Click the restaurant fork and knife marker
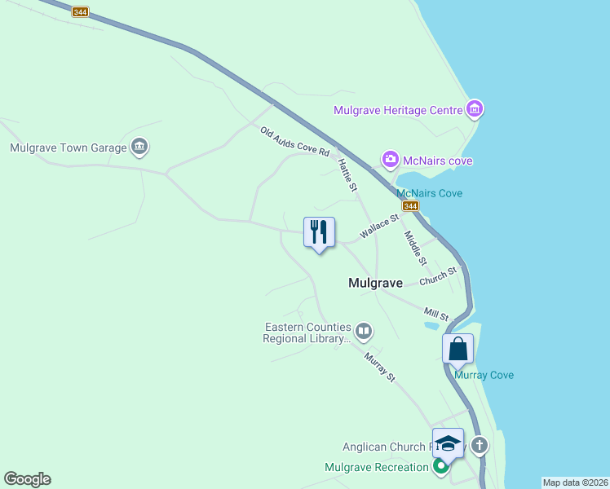click(319, 232)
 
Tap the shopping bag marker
click(458, 349)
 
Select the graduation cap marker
click(448, 443)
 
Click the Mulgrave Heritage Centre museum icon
click(475, 109)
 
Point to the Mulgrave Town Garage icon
click(139, 147)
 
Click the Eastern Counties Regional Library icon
click(364, 331)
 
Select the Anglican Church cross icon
click(479, 445)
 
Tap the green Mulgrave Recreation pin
click(441, 467)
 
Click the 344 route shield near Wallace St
click(409, 207)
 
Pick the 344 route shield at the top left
click(80, 12)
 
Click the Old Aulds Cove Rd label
click(294, 141)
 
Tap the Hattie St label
click(347, 175)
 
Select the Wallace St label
click(379, 227)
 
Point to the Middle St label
click(416, 248)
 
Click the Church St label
click(438, 278)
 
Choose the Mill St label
click(436, 313)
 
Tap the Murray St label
click(380, 367)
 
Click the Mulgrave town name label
click(375, 283)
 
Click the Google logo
click(27, 479)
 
